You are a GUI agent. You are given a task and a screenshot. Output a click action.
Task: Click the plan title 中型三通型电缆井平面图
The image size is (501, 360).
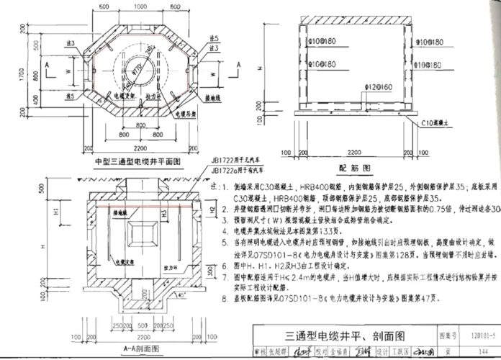click(137, 161)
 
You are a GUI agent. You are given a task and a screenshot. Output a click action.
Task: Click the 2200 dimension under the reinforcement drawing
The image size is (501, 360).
click(354, 153)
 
